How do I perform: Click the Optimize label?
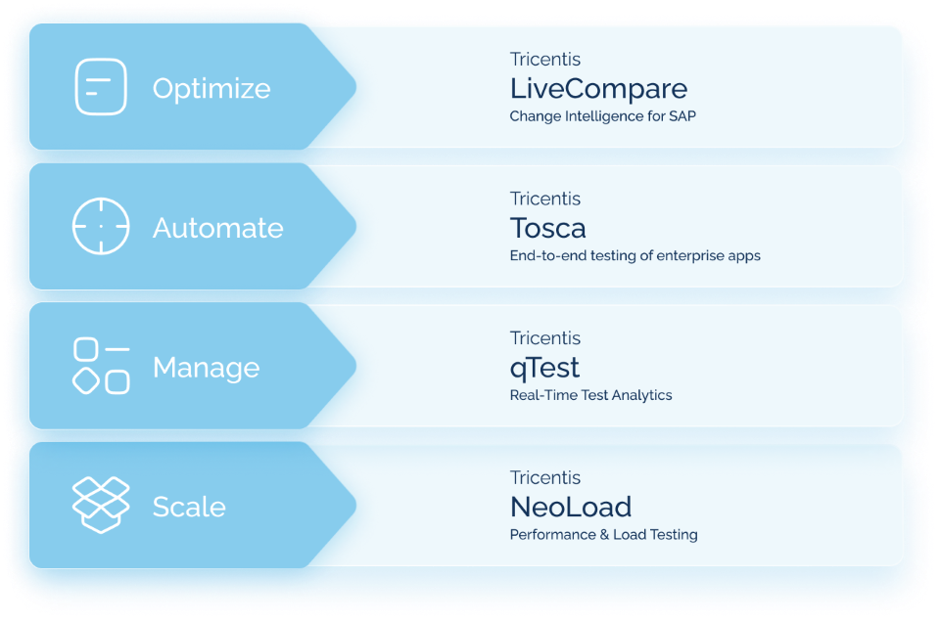tap(211, 88)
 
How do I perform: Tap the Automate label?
tap(217, 228)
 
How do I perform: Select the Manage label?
tap(206, 368)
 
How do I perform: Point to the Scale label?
tap(189, 507)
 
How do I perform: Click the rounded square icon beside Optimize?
tap(101, 87)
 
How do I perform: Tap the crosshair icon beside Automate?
tap(101, 227)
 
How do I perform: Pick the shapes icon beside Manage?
tap(101, 367)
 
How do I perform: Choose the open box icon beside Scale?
tap(101, 506)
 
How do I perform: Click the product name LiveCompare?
tap(598, 89)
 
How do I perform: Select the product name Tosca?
tap(547, 228)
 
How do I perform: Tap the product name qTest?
tap(544, 368)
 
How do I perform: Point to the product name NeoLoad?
tap(570, 507)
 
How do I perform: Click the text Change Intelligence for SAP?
tap(602, 116)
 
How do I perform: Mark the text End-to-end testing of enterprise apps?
tap(634, 256)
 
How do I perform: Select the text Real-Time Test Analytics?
tap(590, 395)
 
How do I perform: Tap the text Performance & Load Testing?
tap(603, 535)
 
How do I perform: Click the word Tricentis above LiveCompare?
tap(544, 60)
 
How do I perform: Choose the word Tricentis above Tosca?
tap(544, 199)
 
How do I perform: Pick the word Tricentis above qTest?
tap(544, 338)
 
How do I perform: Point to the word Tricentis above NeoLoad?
tap(544, 478)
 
